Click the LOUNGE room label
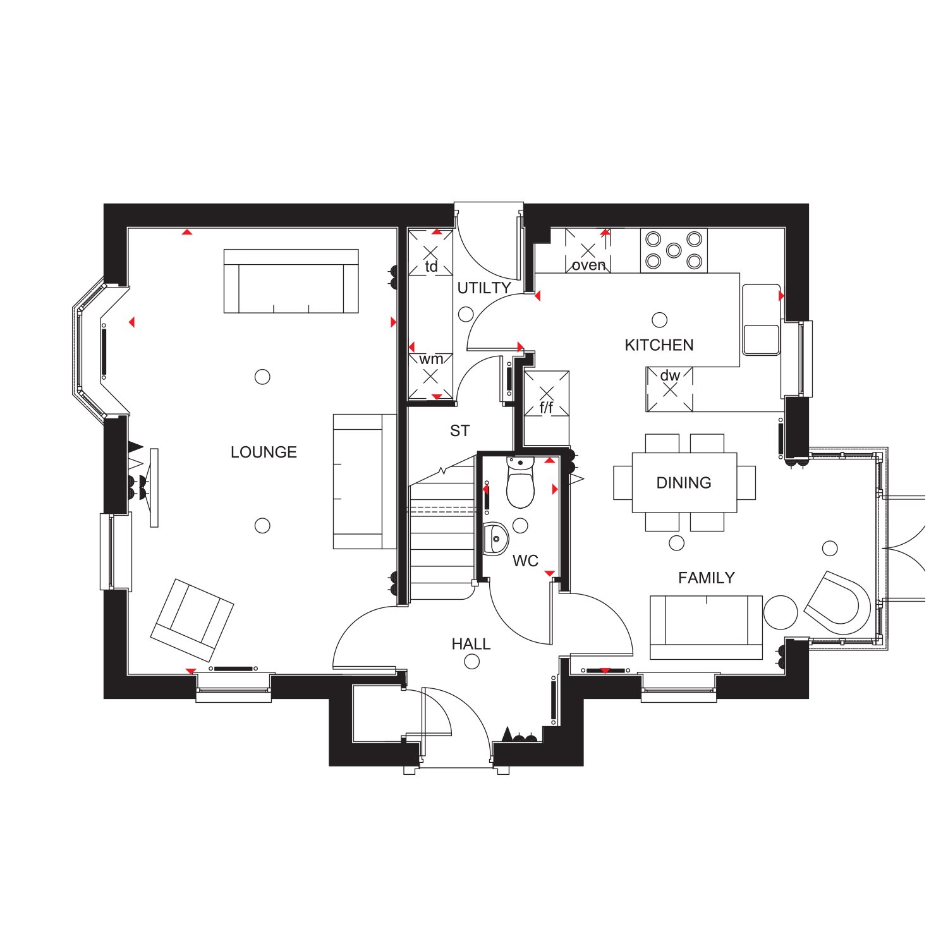click(x=264, y=452)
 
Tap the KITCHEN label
click(x=659, y=345)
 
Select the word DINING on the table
click(x=684, y=483)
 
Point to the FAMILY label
click(x=707, y=578)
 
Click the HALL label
click(x=471, y=644)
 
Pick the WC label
click(x=525, y=561)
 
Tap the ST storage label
click(x=460, y=431)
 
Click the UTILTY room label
click(x=484, y=288)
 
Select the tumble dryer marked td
click(x=430, y=253)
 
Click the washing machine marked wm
click(x=430, y=376)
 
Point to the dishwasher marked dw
click(x=670, y=389)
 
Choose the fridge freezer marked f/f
click(x=547, y=393)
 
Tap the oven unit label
click(x=588, y=265)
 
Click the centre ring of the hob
click(x=674, y=250)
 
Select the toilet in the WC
click(x=521, y=483)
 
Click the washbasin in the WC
click(x=496, y=539)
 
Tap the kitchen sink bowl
click(x=762, y=339)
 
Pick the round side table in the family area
click(x=781, y=612)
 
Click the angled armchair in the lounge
click(x=192, y=620)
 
